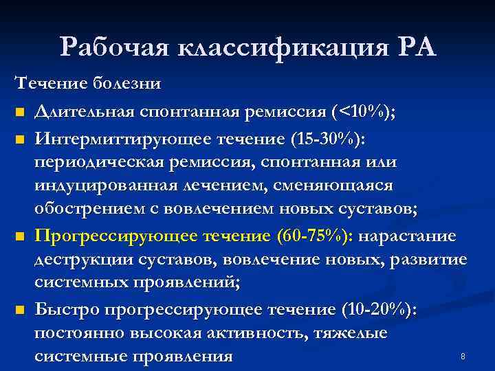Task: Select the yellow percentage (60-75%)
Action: [x=313, y=236]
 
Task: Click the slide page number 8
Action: [x=463, y=357]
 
